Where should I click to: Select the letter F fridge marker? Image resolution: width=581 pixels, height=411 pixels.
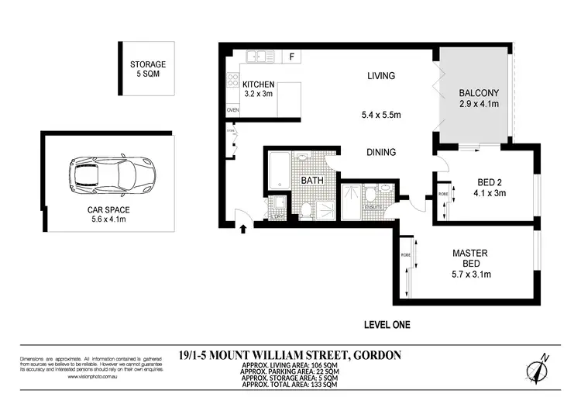(x=291, y=57)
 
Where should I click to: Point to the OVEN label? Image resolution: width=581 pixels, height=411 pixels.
(x=232, y=111)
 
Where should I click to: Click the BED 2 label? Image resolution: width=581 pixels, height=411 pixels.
(x=491, y=183)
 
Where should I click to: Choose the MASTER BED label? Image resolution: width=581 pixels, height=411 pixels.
(x=471, y=257)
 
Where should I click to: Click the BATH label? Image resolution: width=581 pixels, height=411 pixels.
(x=311, y=180)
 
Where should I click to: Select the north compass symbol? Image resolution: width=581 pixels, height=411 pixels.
(x=539, y=368)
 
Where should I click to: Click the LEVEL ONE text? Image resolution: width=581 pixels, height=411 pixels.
(x=387, y=324)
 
